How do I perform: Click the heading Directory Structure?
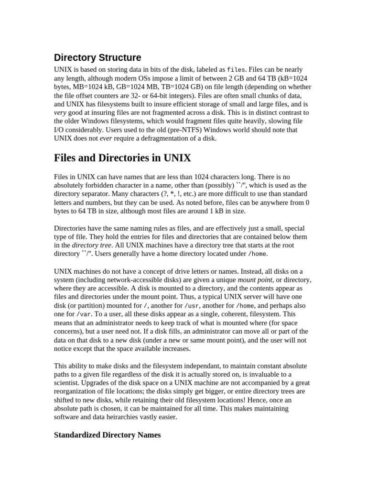(x=97, y=58)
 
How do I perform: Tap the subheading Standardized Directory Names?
(x=108, y=435)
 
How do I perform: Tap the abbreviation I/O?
(x=60, y=130)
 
